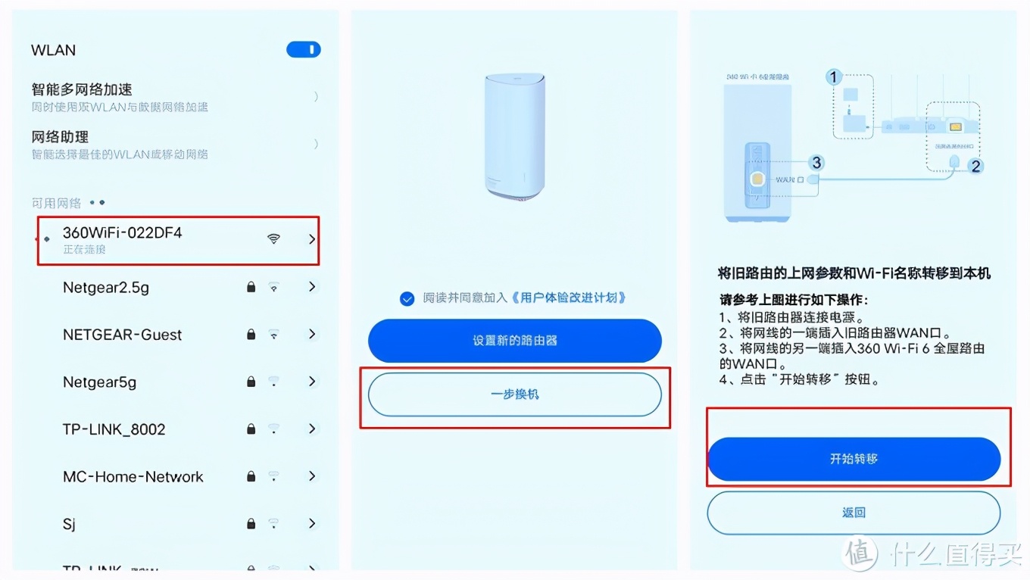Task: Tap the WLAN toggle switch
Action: pyautogui.click(x=303, y=50)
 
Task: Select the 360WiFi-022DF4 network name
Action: pyautogui.click(x=122, y=233)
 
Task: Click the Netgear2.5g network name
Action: pyautogui.click(x=106, y=288)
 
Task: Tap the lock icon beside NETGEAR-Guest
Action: pyautogui.click(x=251, y=335)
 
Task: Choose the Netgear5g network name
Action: pyautogui.click(x=99, y=382)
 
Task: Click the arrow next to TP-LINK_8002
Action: pyautogui.click(x=312, y=429)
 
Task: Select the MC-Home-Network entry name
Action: pyautogui.click(x=133, y=477)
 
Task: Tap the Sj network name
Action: pyautogui.click(x=69, y=524)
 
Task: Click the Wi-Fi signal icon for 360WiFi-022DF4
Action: pyautogui.click(x=273, y=239)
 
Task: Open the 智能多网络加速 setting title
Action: pyautogui.click(x=82, y=89)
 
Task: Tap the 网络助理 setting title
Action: pyautogui.click(x=60, y=137)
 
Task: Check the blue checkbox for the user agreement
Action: pyautogui.click(x=407, y=298)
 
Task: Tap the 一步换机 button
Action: pyautogui.click(x=514, y=394)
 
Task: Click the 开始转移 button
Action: pyautogui.click(x=854, y=459)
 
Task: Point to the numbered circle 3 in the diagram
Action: pyautogui.click(x=816, y=163)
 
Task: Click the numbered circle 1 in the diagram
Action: pyautogui.click(x=834, y=76)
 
